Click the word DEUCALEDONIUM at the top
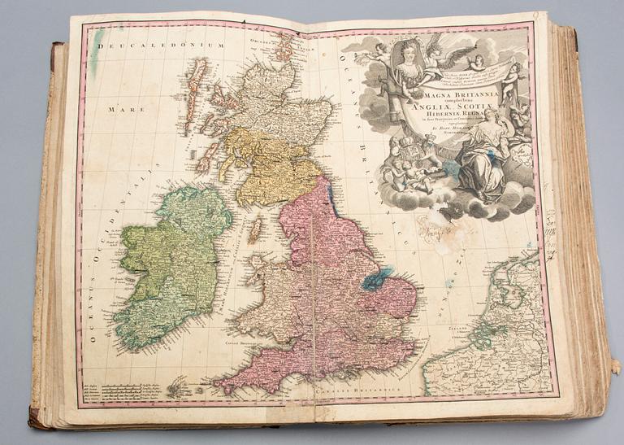coord(160,46)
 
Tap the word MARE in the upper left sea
coord(111,108)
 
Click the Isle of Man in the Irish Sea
coord(256,229)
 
